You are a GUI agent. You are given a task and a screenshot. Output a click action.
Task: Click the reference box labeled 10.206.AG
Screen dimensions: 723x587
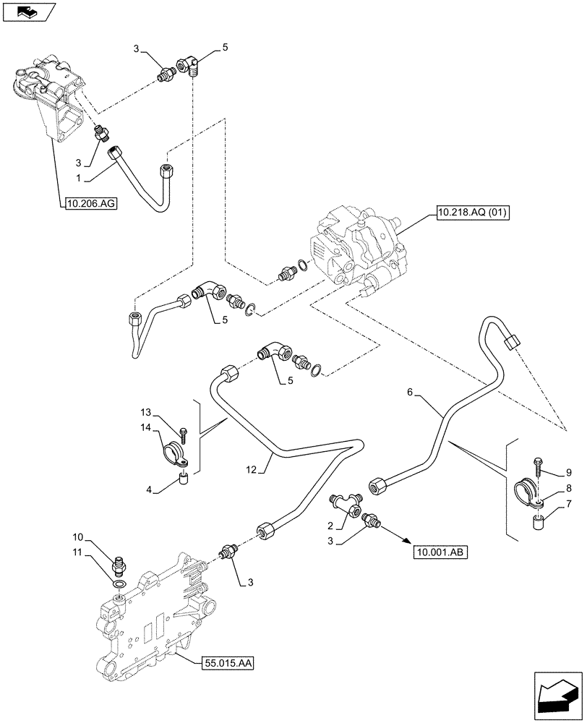tap(90, 205)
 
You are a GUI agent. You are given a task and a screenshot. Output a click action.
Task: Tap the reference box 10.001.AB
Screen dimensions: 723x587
tap(440, 553)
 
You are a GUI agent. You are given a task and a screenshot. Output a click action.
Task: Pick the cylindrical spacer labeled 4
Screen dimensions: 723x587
tap(184, 478)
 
